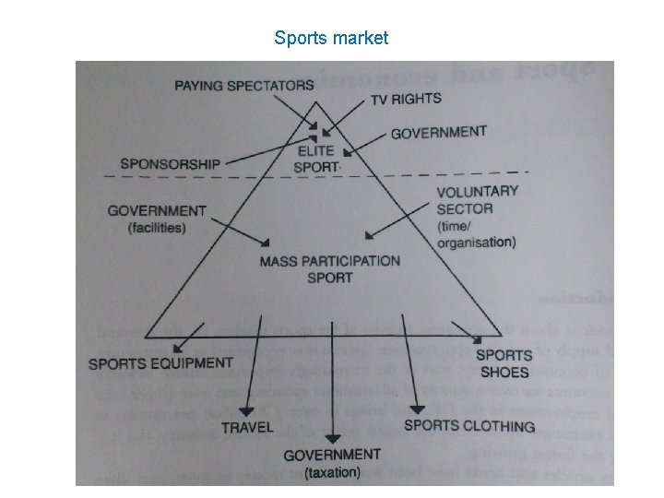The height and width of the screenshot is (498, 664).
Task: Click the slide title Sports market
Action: click(331, 38)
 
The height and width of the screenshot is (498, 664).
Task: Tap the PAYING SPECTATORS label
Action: click(244, 86)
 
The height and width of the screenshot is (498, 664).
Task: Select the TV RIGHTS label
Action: click(406, 99)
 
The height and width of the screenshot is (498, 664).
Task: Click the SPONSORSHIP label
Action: click(170, 163)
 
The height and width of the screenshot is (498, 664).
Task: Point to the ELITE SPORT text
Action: click(316, 159)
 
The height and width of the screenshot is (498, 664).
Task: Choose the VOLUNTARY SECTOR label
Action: click(477, 200)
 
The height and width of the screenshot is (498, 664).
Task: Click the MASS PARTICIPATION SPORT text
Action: click(329, 268)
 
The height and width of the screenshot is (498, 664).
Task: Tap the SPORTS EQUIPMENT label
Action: click(160, 363)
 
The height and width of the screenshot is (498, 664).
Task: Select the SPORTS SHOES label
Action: click(504, 363)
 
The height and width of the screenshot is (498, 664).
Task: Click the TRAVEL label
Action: click(247, 427)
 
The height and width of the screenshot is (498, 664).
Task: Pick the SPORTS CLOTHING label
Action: click(469, 426)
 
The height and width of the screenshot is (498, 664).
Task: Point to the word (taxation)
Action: click(331, 472)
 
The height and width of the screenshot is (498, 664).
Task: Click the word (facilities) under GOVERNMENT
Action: click(157, 227)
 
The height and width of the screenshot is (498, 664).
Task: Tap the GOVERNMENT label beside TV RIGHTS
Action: click(438, 133)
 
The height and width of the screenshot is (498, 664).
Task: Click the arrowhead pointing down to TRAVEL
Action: click(246, 409)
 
